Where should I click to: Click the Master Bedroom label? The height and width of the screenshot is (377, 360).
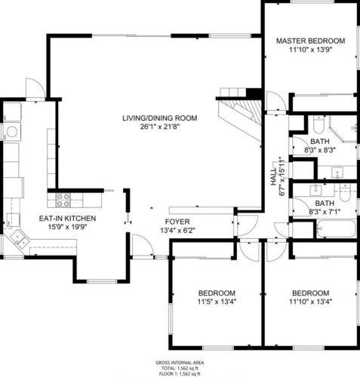click(310, 41)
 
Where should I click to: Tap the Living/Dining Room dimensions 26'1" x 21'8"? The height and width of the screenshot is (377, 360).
click(159, 127)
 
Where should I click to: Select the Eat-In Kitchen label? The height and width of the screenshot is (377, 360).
click(67, 218)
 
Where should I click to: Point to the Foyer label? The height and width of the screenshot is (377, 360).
click(177, 222)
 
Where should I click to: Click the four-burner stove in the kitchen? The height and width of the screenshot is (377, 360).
click(63, 200)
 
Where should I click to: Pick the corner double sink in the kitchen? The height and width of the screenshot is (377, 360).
click(20, 238)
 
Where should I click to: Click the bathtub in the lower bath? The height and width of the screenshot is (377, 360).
click(336, 228)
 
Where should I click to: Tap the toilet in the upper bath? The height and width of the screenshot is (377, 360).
click(318, 124)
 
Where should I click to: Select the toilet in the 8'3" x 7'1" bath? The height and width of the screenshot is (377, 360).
click(344, 192)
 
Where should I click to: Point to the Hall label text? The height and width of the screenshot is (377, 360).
click(273, 177)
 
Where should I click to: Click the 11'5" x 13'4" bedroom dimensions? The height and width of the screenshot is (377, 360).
click(217, 302)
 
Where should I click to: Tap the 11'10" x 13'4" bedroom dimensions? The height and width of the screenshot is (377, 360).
click(311, 302)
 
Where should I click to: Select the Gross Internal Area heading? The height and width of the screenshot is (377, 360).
click(180, 363)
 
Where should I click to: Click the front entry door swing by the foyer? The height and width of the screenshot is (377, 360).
click(143, 245)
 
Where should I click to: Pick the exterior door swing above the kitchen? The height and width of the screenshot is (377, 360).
click(35, 88)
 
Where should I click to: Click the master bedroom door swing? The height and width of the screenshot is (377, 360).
click(276, 101)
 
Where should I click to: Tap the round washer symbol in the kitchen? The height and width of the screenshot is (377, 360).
click(12, 132)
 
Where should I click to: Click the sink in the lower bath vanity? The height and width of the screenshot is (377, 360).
click(315, 190)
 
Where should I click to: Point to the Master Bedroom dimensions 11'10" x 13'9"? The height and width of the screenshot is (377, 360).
click(311, 50)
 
